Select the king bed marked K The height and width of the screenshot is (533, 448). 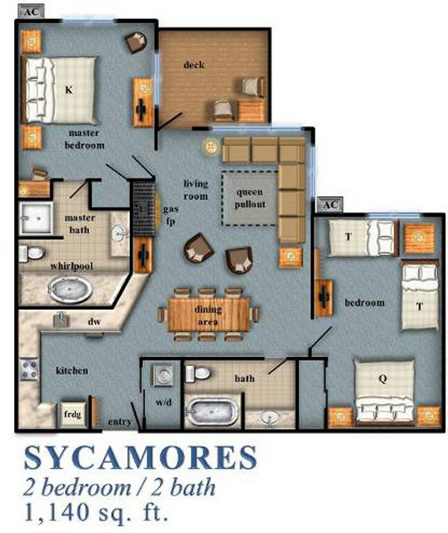pyautogui.click(x=69, y=88)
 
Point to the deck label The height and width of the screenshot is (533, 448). pyautogui.click(x=195, y=65)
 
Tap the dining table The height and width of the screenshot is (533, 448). pyautogui.click(x=210, y=311)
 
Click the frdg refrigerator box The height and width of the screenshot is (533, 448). pyautogui.click(x=72, y=413)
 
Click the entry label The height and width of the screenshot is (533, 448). pyautogui.click(x=119, y=420)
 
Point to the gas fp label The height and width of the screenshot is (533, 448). pyautogui.click(x=170, y=214)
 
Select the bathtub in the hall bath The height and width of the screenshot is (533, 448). pyautogui.click(x=212, y=414)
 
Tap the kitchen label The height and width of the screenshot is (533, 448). pyautogui.click(x=72, y=370)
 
